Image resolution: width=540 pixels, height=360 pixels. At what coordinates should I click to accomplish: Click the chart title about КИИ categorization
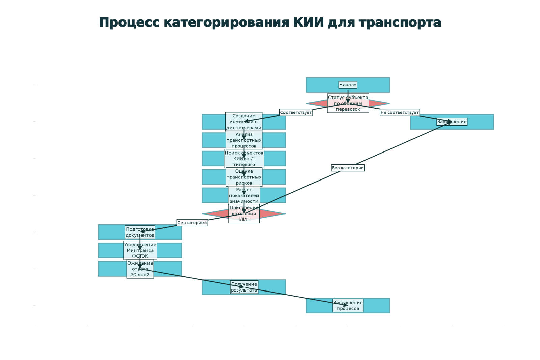[270, 23]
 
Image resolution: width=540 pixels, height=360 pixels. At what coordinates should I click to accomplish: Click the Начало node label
[348, 85]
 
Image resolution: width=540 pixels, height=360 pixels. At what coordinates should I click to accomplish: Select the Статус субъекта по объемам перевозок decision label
[348, 103]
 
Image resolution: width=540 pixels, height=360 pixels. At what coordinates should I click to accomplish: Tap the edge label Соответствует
[296, 112]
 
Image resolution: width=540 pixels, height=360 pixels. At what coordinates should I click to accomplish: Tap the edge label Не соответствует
[400, 112]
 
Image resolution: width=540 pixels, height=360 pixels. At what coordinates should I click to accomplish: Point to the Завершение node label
[452, 122]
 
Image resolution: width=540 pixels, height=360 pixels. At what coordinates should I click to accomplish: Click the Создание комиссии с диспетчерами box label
[244, 122]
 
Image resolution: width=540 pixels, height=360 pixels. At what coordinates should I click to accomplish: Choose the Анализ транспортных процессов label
[244, 140]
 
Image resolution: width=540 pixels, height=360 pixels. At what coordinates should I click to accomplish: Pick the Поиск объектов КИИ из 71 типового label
[244, 159]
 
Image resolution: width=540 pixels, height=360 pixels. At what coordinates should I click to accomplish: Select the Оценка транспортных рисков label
[244, 177]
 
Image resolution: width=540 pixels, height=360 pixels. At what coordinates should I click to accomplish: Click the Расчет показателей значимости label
[244, 196]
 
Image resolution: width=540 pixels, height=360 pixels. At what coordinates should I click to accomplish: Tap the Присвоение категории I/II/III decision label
[244, 214]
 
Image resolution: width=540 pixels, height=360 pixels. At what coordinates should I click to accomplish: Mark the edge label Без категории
[348, 168]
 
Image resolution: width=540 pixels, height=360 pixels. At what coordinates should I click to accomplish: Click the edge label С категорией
[192, 223]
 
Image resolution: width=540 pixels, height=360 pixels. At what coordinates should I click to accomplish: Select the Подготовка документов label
[140, 232]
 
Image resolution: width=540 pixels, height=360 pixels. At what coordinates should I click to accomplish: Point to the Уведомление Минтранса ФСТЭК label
[140, 250]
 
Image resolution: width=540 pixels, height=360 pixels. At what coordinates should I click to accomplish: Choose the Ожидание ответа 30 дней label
[140, 269]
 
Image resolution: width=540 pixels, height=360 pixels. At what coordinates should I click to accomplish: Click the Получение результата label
[244, 287]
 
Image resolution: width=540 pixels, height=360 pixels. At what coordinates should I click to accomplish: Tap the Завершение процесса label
[348, 306]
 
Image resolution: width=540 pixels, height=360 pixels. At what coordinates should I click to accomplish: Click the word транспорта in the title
[400, 23]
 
